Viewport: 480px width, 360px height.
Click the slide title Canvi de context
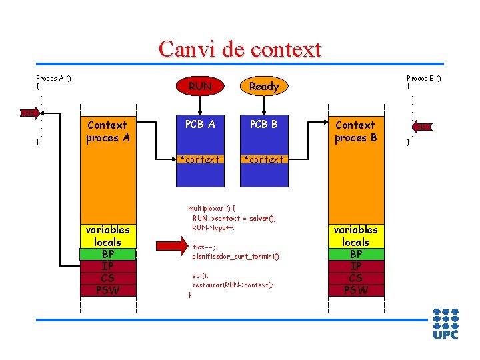(x=240, y=49)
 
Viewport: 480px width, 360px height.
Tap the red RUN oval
(x=200, y=86)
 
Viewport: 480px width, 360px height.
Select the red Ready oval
(x=264, y=86)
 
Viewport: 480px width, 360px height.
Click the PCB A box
(x=200, y=124)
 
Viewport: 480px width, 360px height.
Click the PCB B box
(x=264, y=124)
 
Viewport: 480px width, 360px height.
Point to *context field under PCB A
(x=200, y=159)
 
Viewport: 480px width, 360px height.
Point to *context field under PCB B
(x=264, y=159)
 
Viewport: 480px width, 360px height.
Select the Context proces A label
(x=107, y=131)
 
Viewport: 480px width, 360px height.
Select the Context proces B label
(x=355, y=131)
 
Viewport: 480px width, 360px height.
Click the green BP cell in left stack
(x=107, y=254)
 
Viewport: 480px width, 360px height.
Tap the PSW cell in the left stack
(x=107, y=290)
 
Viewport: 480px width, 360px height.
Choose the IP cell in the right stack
(x=356, y=266)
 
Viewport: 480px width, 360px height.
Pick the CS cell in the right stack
(x=356, y=278)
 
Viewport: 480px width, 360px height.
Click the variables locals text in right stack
(x=356, y=235)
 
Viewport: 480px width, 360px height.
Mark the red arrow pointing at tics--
(x=171, y=247)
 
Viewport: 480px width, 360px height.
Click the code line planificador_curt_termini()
(x=235, y=256)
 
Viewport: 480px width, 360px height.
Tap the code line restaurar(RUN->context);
(x=233, y=285)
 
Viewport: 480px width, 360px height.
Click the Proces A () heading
(x=54, y=78)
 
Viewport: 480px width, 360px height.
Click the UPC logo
(x=446, y=323)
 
